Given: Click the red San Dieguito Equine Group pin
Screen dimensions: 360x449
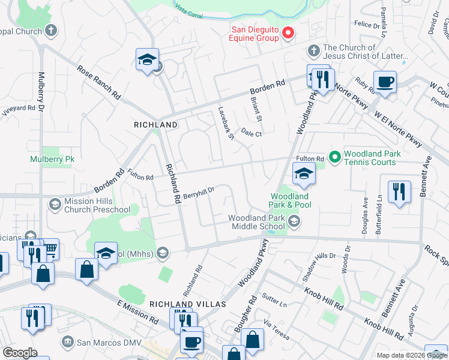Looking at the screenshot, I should coord(288,33).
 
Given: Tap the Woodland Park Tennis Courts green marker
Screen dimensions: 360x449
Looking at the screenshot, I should coord(335,157).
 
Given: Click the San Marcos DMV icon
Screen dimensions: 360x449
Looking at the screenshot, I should coord(68,342).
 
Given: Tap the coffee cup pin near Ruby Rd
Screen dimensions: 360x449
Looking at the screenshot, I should coord(385,82).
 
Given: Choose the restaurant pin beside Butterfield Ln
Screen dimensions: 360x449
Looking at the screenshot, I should coord(399,192).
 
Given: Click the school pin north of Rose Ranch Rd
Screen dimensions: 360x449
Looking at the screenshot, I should coord(147,60).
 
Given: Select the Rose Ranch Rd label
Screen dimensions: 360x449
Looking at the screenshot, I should coord(100,82).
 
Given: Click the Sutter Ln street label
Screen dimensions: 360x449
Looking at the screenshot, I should coord(274,301).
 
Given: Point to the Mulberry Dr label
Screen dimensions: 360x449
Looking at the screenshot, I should coord(41,92).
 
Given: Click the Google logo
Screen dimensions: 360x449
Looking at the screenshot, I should coord(20,353).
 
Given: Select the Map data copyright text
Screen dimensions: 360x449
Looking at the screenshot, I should coord(412,355).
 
